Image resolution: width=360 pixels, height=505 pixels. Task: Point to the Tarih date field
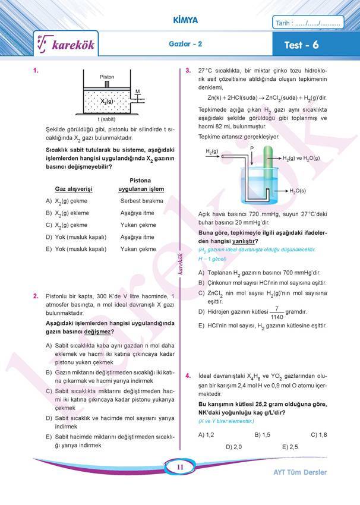pyautogui.click(x=307, y=24)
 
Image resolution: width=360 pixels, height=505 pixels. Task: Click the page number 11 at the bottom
pyautogui.click(x=179, y=468)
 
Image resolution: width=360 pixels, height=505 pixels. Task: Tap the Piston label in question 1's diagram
pyautogui.click(x=107, y=77)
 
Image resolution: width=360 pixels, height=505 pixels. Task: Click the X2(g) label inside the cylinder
pyautogui.click(x=107, y=102)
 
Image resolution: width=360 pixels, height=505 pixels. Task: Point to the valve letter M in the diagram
pyautogui.click(x=137, y=91)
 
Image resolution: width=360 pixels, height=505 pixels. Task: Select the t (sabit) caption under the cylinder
pyautogui.click(x=107, y=120)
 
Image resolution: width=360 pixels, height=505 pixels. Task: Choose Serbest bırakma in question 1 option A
pyautogui.click(x=141, y=201)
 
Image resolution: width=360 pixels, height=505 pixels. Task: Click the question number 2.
pyautogui.click(x=36, y=295)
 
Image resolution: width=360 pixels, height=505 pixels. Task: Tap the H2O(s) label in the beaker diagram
pyautogui.click(x=297, y=191)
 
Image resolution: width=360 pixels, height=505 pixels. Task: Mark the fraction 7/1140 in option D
pyautogui.click(x=277, y=312)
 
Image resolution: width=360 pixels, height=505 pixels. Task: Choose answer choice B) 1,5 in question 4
pyautogui.click(x=262, y=434)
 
